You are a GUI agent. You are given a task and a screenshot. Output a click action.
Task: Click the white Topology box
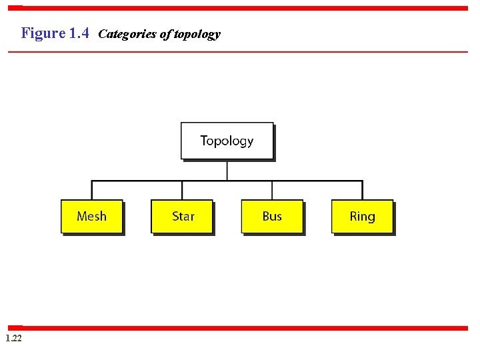(x=227, y=141)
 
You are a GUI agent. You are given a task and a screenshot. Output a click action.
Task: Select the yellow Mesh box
(x=91, y=216)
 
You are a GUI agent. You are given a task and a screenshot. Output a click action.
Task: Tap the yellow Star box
(x=182, y=216)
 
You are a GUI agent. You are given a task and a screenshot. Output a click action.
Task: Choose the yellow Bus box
(x=272, y=216)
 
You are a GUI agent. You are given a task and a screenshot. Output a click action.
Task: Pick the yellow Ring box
(x=362, y=216)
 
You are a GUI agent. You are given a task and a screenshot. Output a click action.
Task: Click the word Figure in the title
(x=43, y=33)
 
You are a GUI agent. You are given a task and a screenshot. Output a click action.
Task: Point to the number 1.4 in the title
(x=79, y=33)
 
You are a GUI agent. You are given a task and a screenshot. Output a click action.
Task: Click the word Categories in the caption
(x=127, y=34)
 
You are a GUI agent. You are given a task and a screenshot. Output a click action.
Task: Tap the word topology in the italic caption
(x=197, y=34)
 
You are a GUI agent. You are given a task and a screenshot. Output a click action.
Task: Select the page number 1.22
(x=13, y=339)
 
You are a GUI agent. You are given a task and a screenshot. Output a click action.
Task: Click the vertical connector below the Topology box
(x=227, y=170)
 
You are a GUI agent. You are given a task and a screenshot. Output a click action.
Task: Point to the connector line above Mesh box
(x=92, y=190)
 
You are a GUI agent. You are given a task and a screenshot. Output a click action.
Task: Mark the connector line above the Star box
(x=182, y=190)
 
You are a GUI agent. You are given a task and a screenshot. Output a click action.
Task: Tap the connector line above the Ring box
(x=362, y=190)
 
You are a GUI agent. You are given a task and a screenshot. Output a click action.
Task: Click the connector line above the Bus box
(x=272, y=190)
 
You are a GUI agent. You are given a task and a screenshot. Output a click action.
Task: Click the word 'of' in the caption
(x=165, y=34)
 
